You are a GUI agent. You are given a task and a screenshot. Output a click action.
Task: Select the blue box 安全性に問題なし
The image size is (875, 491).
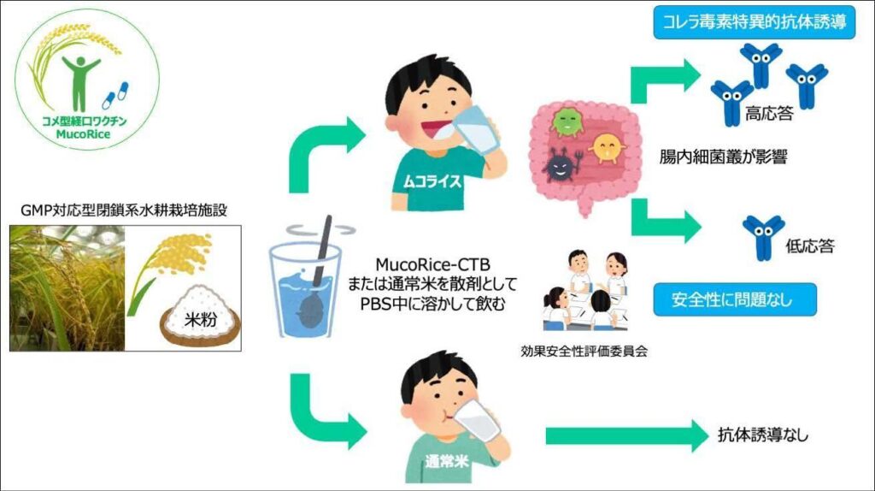pos(732,301)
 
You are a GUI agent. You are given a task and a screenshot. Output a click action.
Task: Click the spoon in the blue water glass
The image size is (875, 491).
pos(318,266)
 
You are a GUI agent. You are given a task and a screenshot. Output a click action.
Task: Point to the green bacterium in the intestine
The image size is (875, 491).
pos(567,121)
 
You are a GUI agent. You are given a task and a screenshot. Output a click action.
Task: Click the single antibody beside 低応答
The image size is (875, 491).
pos(763,236)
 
